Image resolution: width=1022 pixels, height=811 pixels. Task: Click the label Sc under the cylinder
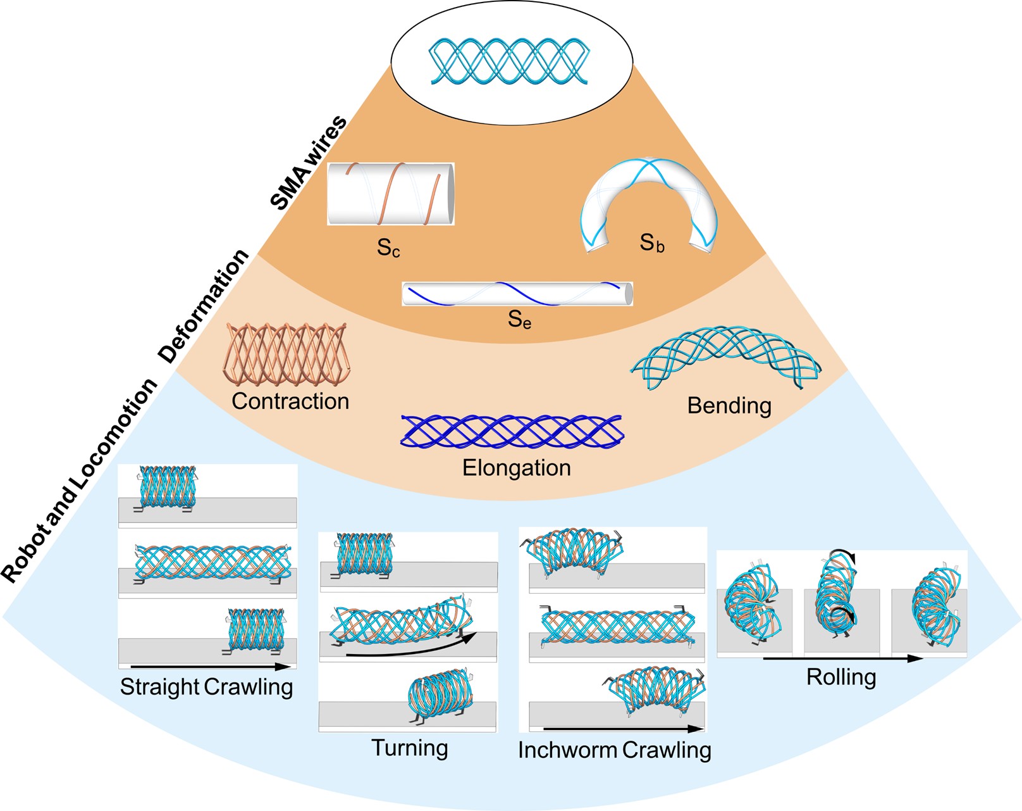(388, 248)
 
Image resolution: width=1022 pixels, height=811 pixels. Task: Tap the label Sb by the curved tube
(652, 243)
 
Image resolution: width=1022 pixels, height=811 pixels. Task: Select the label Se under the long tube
(519, 319)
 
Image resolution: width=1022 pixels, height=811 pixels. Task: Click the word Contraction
(290, 401)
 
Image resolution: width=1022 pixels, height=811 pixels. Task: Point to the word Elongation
(516, 468)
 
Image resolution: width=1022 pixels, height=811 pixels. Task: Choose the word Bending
(729, 406)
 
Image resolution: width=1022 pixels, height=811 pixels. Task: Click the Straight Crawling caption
(206, 687)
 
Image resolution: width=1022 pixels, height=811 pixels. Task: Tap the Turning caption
(409, 748)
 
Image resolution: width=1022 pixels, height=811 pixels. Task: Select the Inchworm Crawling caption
(614, 750)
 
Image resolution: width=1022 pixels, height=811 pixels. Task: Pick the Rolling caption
(841, 677)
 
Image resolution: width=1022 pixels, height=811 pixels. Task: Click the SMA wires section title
(308, 163)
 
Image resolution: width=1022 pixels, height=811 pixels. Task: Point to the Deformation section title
(204, 306)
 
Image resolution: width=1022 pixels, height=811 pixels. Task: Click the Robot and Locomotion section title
(79, 480)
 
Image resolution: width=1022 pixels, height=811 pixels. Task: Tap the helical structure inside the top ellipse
(511, 61)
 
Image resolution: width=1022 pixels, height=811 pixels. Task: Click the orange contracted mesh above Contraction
(286, 355)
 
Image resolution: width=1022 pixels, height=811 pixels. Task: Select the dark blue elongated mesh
(511, 431)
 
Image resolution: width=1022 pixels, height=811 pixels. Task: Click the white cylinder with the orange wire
(390, 194)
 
